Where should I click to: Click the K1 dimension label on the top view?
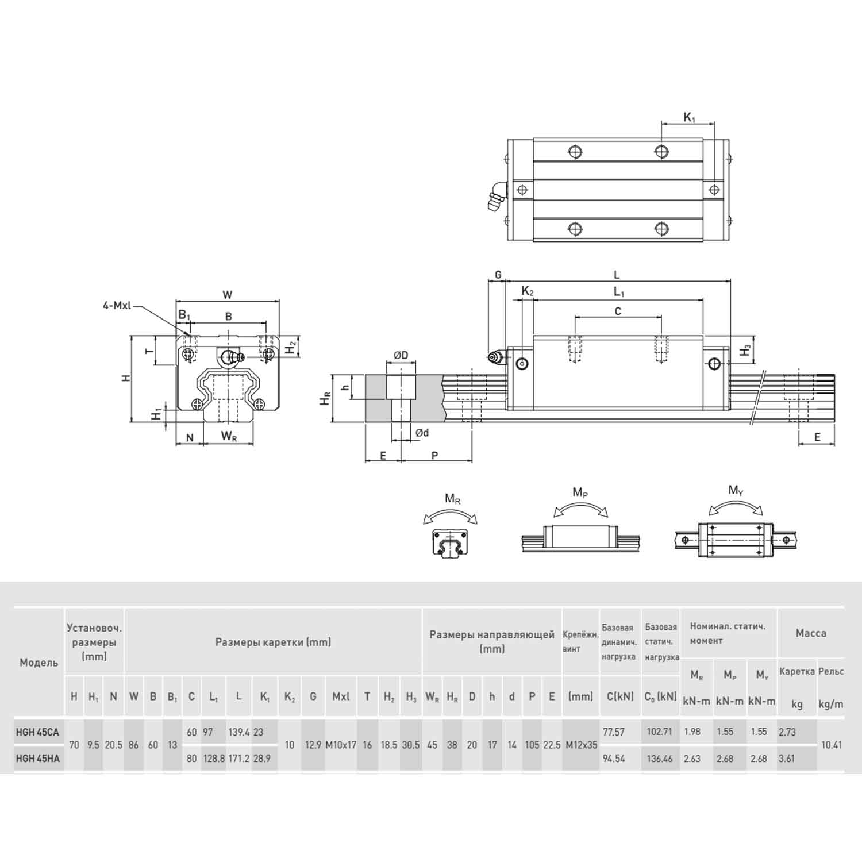tap(689, 118)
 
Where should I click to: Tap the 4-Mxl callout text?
tap(117, 306)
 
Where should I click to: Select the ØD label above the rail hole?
tap(401, 355)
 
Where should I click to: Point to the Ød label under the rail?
tap(422, 433)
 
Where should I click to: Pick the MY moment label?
tap(736, 490)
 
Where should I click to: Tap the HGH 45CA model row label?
tap(38, 732)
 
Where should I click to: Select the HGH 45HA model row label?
tap(38, 759)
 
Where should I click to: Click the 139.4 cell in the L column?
tap(238, 732)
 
